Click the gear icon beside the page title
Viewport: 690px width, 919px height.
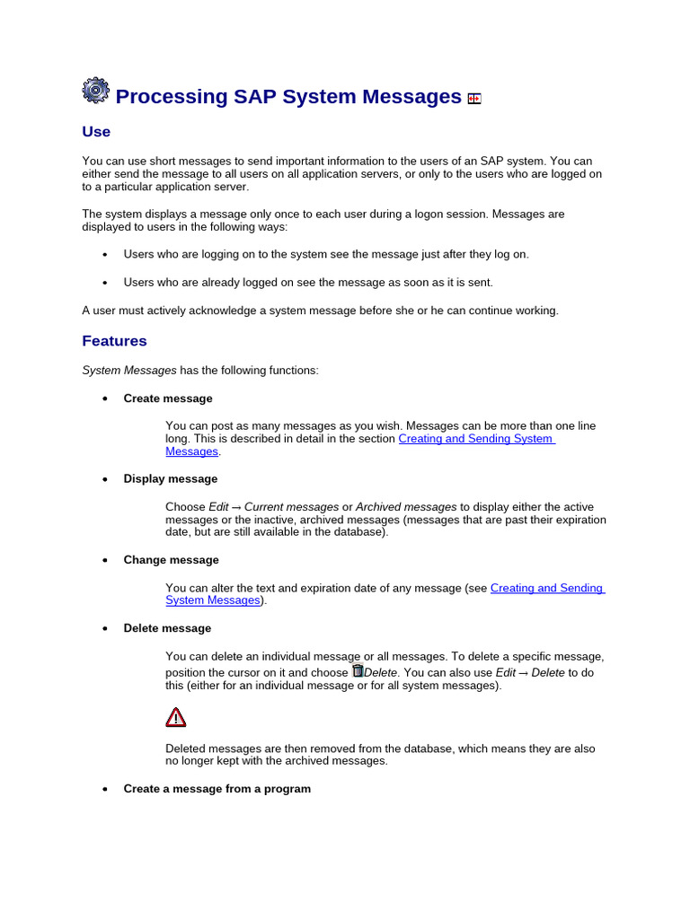click(95, 91)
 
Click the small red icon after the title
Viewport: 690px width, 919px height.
click(474, 99)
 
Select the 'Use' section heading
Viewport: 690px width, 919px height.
click(96, 132)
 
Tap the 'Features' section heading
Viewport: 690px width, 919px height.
click(114, 341)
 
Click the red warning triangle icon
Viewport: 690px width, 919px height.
click(176, 717)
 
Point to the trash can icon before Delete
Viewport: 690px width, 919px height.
click(358, 670)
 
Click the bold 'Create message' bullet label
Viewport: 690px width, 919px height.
click(168, 398)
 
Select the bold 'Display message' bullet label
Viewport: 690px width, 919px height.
click(171, 479)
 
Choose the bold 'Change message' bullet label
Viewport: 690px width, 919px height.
click(171, 560)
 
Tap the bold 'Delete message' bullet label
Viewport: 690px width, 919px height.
click(167, 628)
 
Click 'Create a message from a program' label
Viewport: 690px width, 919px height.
click(217, 789)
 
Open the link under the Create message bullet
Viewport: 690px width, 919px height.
click(475, 439)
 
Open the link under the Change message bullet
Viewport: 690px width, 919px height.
click(546, 588)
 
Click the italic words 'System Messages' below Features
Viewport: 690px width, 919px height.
click(129, 371)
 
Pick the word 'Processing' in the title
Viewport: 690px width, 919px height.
click(172, 97)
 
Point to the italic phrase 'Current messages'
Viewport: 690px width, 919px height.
click(292, 507)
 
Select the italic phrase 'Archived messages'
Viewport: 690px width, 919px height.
click(406, 507)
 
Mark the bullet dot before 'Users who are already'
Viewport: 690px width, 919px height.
click(105, 283)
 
